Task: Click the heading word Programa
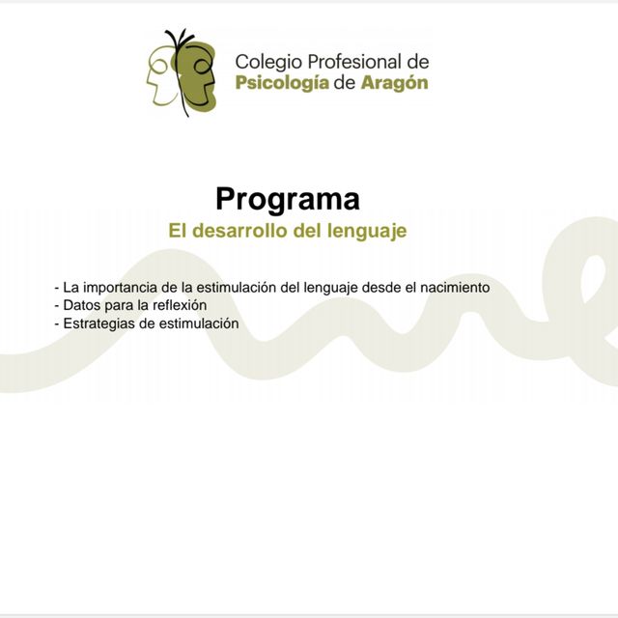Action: click(x=288, y=199)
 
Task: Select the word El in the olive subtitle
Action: click(x=178, y=232)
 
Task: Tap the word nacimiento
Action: click(x=455, y=288)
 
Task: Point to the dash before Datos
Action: click(x=57, y=306)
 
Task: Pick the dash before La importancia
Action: click(x=57, y=289)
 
